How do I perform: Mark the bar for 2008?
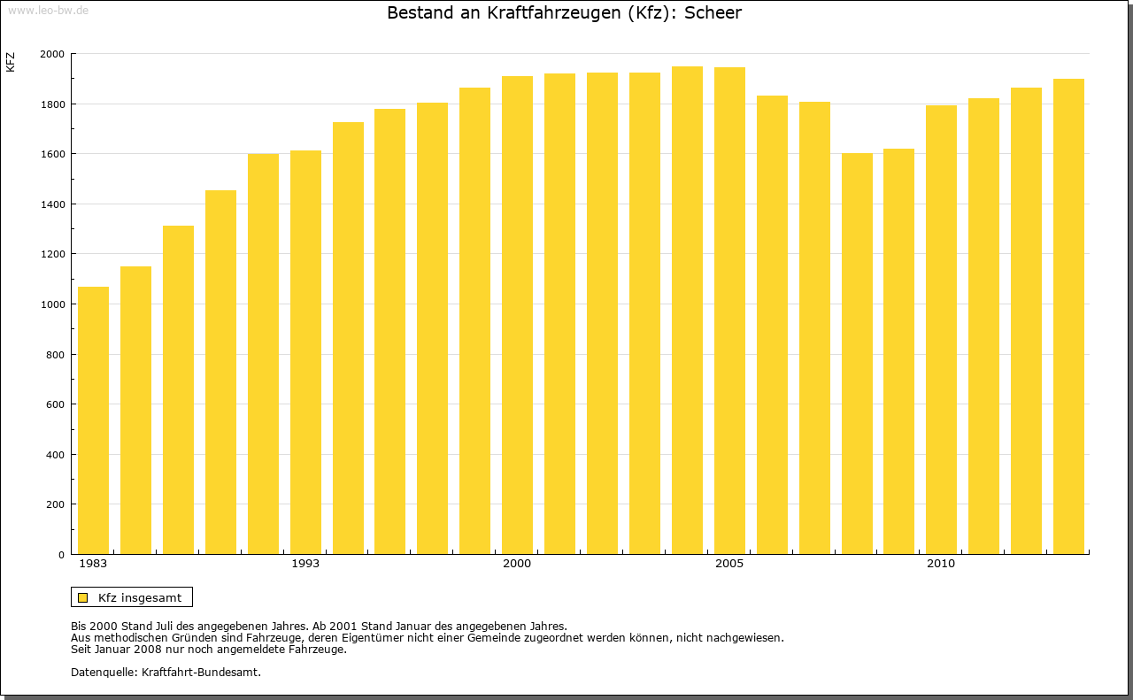click(x=857, y=354)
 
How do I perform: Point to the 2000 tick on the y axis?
click(x=52, y=54)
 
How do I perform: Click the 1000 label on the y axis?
click(x=52, y=304)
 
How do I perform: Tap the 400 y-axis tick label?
click(x=55, y=455)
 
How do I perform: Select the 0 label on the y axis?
click(x=61, y=555)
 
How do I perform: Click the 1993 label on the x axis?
click(x=305, y=564)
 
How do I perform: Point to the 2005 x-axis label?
click(x=729, y=564)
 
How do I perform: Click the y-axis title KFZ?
click(x=11, y=62)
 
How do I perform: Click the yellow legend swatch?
click(x=82, y=597)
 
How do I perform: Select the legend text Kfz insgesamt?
click(x=140, y=597)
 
